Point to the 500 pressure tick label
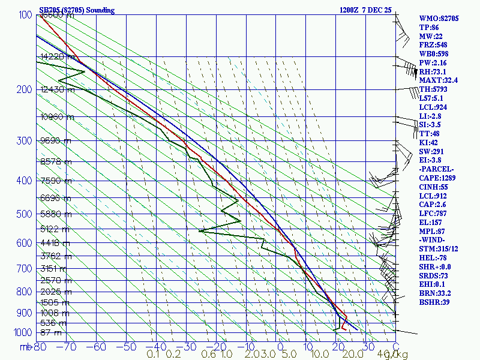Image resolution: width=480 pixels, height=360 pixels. point(23,214)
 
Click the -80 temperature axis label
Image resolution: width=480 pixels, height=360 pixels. point(40,347)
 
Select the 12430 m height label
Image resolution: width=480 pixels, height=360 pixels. point(58,90)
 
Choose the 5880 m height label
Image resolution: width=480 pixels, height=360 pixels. point(55,214)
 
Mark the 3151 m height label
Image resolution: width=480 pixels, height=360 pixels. point(55,268)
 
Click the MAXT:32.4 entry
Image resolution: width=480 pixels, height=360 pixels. point(439,80)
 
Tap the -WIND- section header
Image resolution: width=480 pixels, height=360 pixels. point(434,240)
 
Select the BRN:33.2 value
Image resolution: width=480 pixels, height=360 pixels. point(436,293)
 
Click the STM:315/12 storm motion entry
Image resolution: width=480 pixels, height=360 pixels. point(439,248)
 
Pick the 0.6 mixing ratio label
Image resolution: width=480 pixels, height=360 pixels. point(208,355)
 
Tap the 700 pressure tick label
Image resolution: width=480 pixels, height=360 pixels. point(23,268)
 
